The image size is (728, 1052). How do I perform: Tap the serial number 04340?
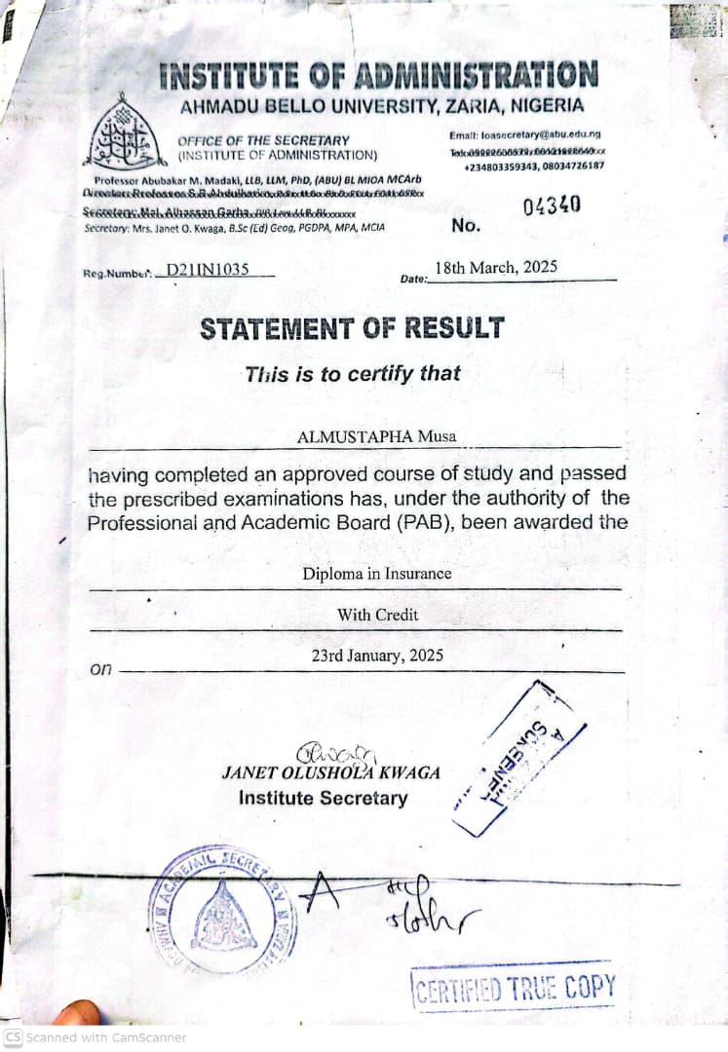click(552, 206)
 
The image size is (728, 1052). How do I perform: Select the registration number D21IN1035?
click(208, 270)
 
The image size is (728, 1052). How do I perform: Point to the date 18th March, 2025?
click(496, 267)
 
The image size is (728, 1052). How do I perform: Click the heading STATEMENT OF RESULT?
click(352, 328)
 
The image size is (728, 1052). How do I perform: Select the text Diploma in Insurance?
click(376, 574)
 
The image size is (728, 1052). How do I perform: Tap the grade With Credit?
click(377, 615)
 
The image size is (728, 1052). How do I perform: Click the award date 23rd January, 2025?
click(377, 656)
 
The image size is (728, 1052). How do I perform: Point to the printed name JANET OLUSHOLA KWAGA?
click(330, 772)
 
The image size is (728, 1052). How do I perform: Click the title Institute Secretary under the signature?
click(324, 798)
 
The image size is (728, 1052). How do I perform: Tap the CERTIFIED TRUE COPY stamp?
click(515, 988)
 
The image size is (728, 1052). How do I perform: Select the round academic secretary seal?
click(223, 910)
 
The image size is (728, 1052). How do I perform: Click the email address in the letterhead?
click(525, 134)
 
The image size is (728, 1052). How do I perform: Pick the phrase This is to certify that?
click(352, 373)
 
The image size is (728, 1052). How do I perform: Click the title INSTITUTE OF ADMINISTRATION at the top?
click(378, 75)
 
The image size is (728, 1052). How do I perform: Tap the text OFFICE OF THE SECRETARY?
click(263, 140)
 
